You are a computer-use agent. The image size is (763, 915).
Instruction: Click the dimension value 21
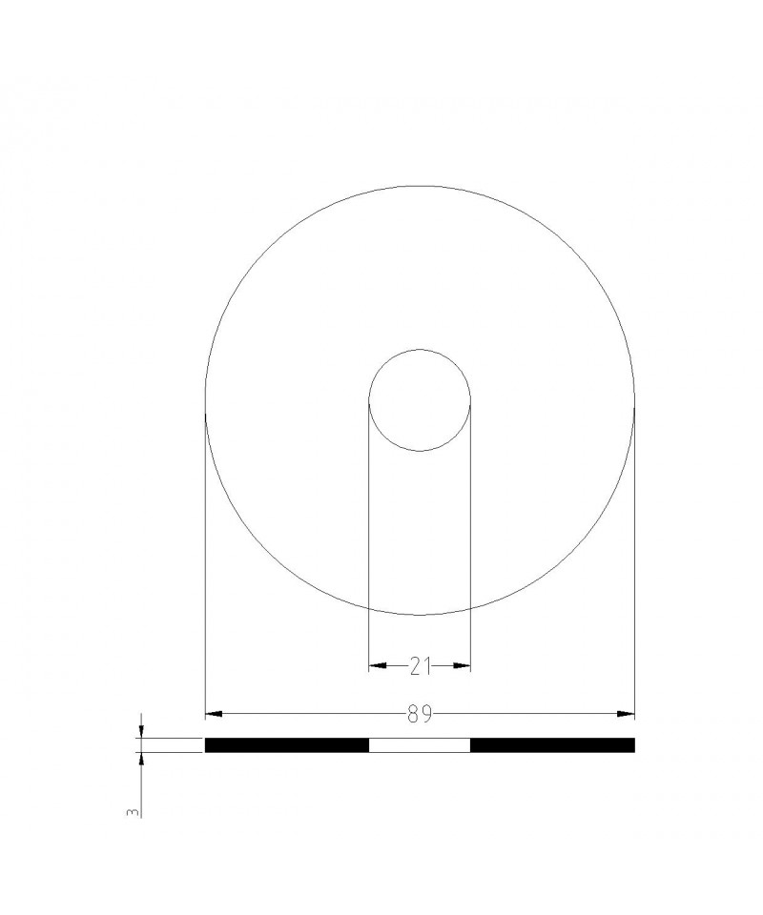point(420,666)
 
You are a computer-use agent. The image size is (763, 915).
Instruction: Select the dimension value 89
point(420,714)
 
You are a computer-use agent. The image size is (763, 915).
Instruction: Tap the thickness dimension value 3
point(134,812)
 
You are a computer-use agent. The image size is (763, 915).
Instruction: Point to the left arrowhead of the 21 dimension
point(378,666)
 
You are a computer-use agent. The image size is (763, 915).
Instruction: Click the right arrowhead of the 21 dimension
point(462,666)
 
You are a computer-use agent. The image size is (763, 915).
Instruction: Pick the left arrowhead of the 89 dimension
point(215,714)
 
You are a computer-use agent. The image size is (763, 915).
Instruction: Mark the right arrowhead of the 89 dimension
point(626,714)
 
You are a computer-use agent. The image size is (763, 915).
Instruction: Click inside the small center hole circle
point(420,400)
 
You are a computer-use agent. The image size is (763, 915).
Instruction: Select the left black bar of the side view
point(287,745)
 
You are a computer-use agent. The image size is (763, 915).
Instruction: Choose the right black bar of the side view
point(552,745)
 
